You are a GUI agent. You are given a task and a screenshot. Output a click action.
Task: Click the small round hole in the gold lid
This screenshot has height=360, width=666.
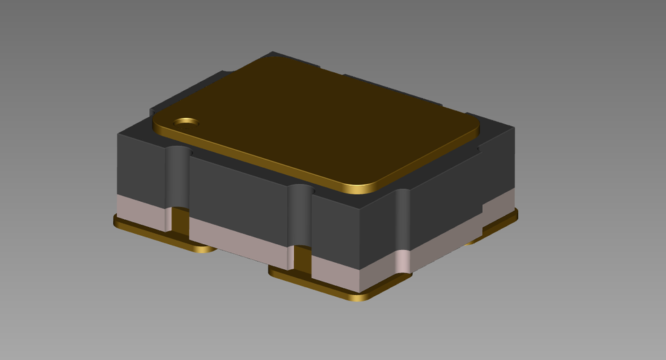pos(186,123)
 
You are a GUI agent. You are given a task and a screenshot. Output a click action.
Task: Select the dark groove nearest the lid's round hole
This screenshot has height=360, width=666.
pos(178,177)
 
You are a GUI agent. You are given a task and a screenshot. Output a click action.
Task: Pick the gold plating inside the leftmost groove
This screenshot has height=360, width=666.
pos(180,220)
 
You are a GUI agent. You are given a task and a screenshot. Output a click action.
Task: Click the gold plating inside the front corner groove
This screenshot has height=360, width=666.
pos(302,259)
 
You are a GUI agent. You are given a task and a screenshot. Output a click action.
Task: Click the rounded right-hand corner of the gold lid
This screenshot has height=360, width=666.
pos(472,125)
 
